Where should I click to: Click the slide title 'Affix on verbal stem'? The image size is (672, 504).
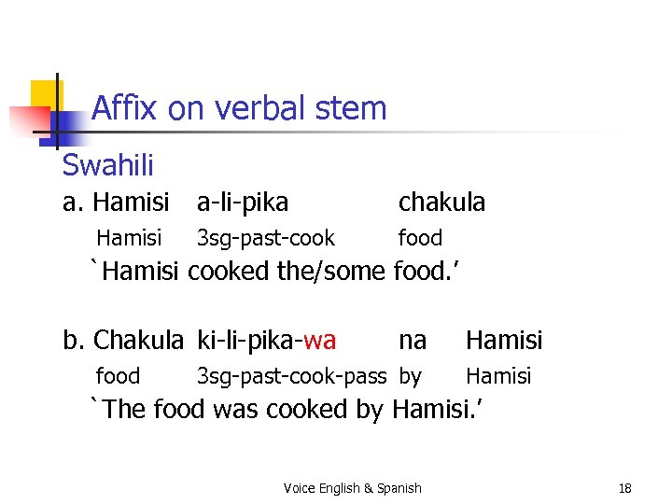[238, 109]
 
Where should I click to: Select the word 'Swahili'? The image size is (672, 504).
[107, 165]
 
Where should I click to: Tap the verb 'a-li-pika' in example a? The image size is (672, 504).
[242, 202]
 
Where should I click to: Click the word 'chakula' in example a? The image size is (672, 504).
[441, 202]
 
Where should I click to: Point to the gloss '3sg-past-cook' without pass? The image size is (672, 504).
[265, 238]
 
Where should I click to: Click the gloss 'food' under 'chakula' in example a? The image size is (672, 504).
[420, 238]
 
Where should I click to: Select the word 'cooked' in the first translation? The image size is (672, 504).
[230, 272]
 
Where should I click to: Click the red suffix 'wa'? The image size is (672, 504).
[320, 340]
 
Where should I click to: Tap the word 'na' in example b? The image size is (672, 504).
[413, 340]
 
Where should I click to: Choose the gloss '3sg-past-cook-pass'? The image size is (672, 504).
[290, 376]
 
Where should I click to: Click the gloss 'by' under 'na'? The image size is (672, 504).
[410, 376]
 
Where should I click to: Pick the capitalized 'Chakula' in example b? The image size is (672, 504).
[139, 340]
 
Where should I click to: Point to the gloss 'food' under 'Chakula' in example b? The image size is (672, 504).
[118, 376]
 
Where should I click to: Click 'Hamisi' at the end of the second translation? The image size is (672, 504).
[434, 409]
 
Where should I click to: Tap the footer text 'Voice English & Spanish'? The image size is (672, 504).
[352, 488]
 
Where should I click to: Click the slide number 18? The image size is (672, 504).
[624, 488]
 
